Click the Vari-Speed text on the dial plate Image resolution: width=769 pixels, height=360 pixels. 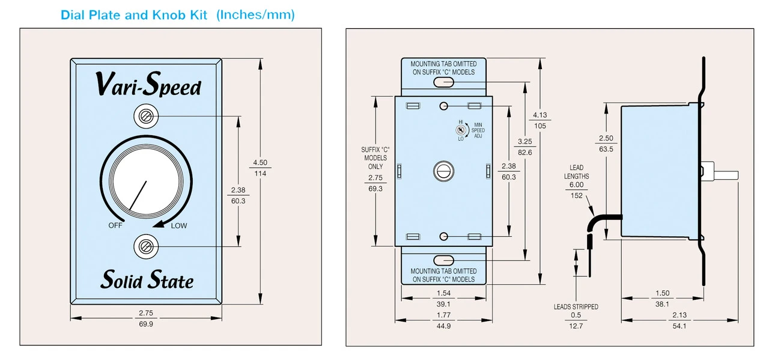pyautogui.click(x=148, y=85)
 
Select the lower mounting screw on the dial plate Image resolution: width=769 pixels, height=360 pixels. pyautogui.click(x=145, y=246)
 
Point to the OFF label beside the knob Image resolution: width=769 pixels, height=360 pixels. pyautogui.click(x=115, y=226)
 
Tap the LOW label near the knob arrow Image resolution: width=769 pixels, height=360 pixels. pyautogui.click(x=179, y=226)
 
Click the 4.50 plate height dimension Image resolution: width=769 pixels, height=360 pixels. pyautogui.click(x=260, y=163)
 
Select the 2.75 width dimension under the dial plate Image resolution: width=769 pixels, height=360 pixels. pyautogui.click(x=146, y=314)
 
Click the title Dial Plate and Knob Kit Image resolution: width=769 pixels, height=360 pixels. pyautogui.click(x=137, y=15)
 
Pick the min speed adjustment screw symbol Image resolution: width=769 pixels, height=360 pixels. pyautogui.click(x=461, y=129)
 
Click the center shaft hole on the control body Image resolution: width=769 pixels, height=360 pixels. pyautogui.click(x=443, y=171)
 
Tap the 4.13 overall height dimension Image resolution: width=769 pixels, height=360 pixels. pyautogui.click(x=540, y=115)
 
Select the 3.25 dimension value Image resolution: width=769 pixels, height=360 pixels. pyautogui.click(x=524, y=142)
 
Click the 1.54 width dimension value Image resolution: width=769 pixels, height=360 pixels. pyautogui.click(x=443, y=293)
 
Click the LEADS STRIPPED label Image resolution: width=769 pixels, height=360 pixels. pyautogui.click(x=576, y=307)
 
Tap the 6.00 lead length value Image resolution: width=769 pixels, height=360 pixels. pyautogui.click(x=577, y=185)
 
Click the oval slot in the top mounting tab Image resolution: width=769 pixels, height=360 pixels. pyautogui.click(x=443, y=81)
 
